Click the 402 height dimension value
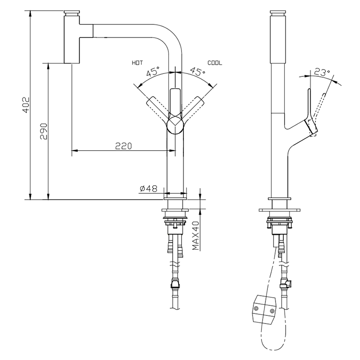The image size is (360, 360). pos(26,105)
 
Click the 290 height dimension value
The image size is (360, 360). pos(44,131)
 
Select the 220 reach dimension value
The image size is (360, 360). pos(124,146)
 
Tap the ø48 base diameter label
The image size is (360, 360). pos(149,189)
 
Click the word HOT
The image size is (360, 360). pos(137,63)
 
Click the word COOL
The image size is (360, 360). pos(215,63)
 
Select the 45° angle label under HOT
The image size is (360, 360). pos(153,73)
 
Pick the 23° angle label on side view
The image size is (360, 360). pos(322,73)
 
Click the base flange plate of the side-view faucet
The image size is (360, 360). pos(280,210)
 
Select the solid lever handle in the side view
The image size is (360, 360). pos(310,113)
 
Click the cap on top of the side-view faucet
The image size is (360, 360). pos(278,12)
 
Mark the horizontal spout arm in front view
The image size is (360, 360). pos(130,30)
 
